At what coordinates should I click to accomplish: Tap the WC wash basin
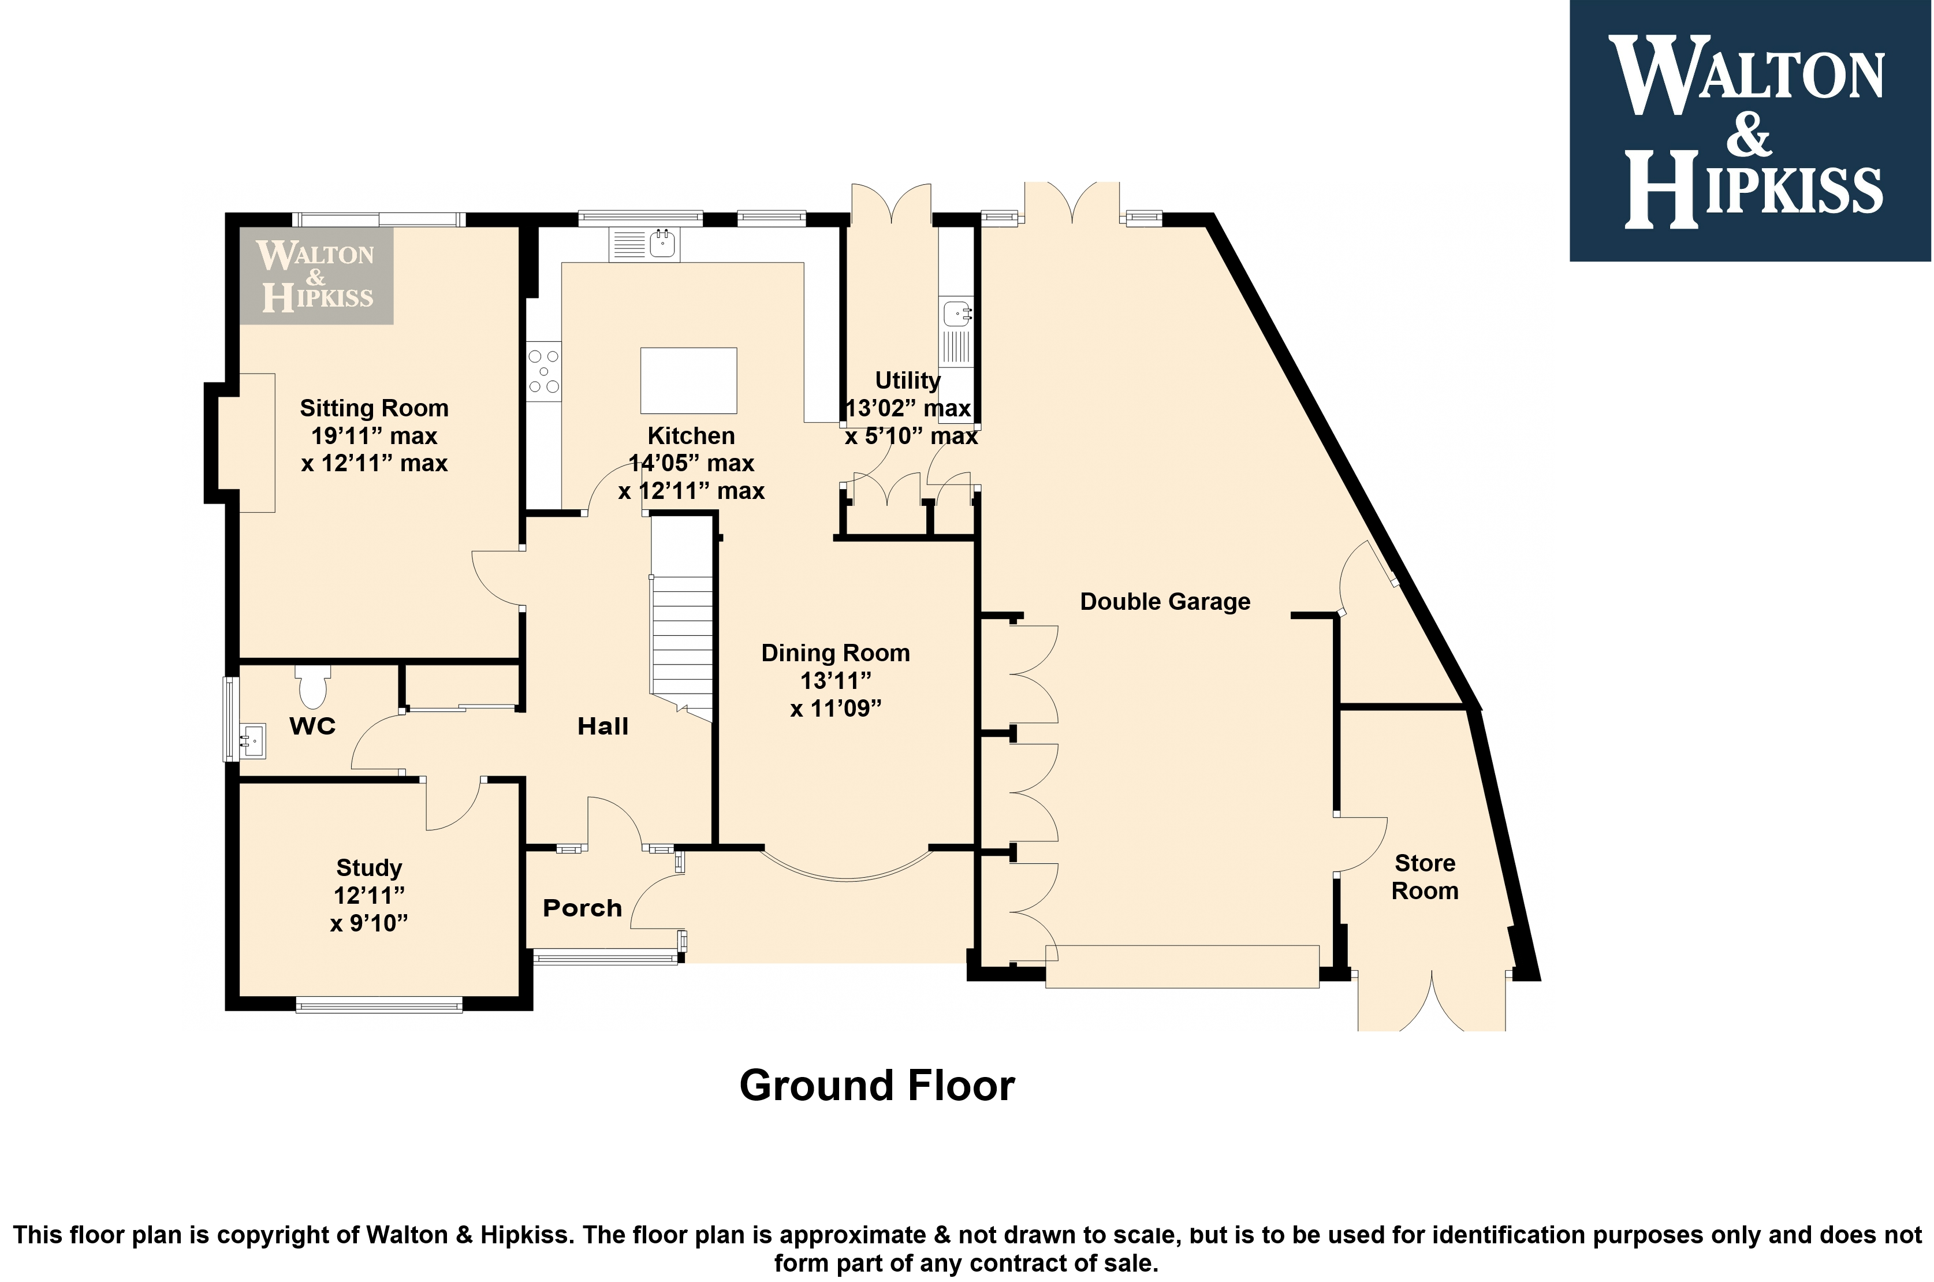pos(252,741)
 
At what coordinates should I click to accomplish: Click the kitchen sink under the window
pos(645,244)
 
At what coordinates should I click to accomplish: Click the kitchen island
pos(688,381)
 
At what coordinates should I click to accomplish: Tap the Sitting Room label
pos(374,408)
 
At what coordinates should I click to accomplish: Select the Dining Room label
pos(836,653)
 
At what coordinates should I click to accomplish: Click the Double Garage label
pos(1165,602)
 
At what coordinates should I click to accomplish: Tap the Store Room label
pos(1425,877)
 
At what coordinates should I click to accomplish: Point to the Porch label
pos(582,908)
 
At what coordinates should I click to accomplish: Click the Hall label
pos(603,726)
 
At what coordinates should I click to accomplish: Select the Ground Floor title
pos(877,1086)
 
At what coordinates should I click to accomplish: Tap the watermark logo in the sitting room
pos(316,275)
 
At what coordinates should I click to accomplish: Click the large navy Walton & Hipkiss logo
pos(1750,131)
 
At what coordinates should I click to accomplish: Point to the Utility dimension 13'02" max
pos(908,408)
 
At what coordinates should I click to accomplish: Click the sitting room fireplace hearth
pos(256,442)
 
